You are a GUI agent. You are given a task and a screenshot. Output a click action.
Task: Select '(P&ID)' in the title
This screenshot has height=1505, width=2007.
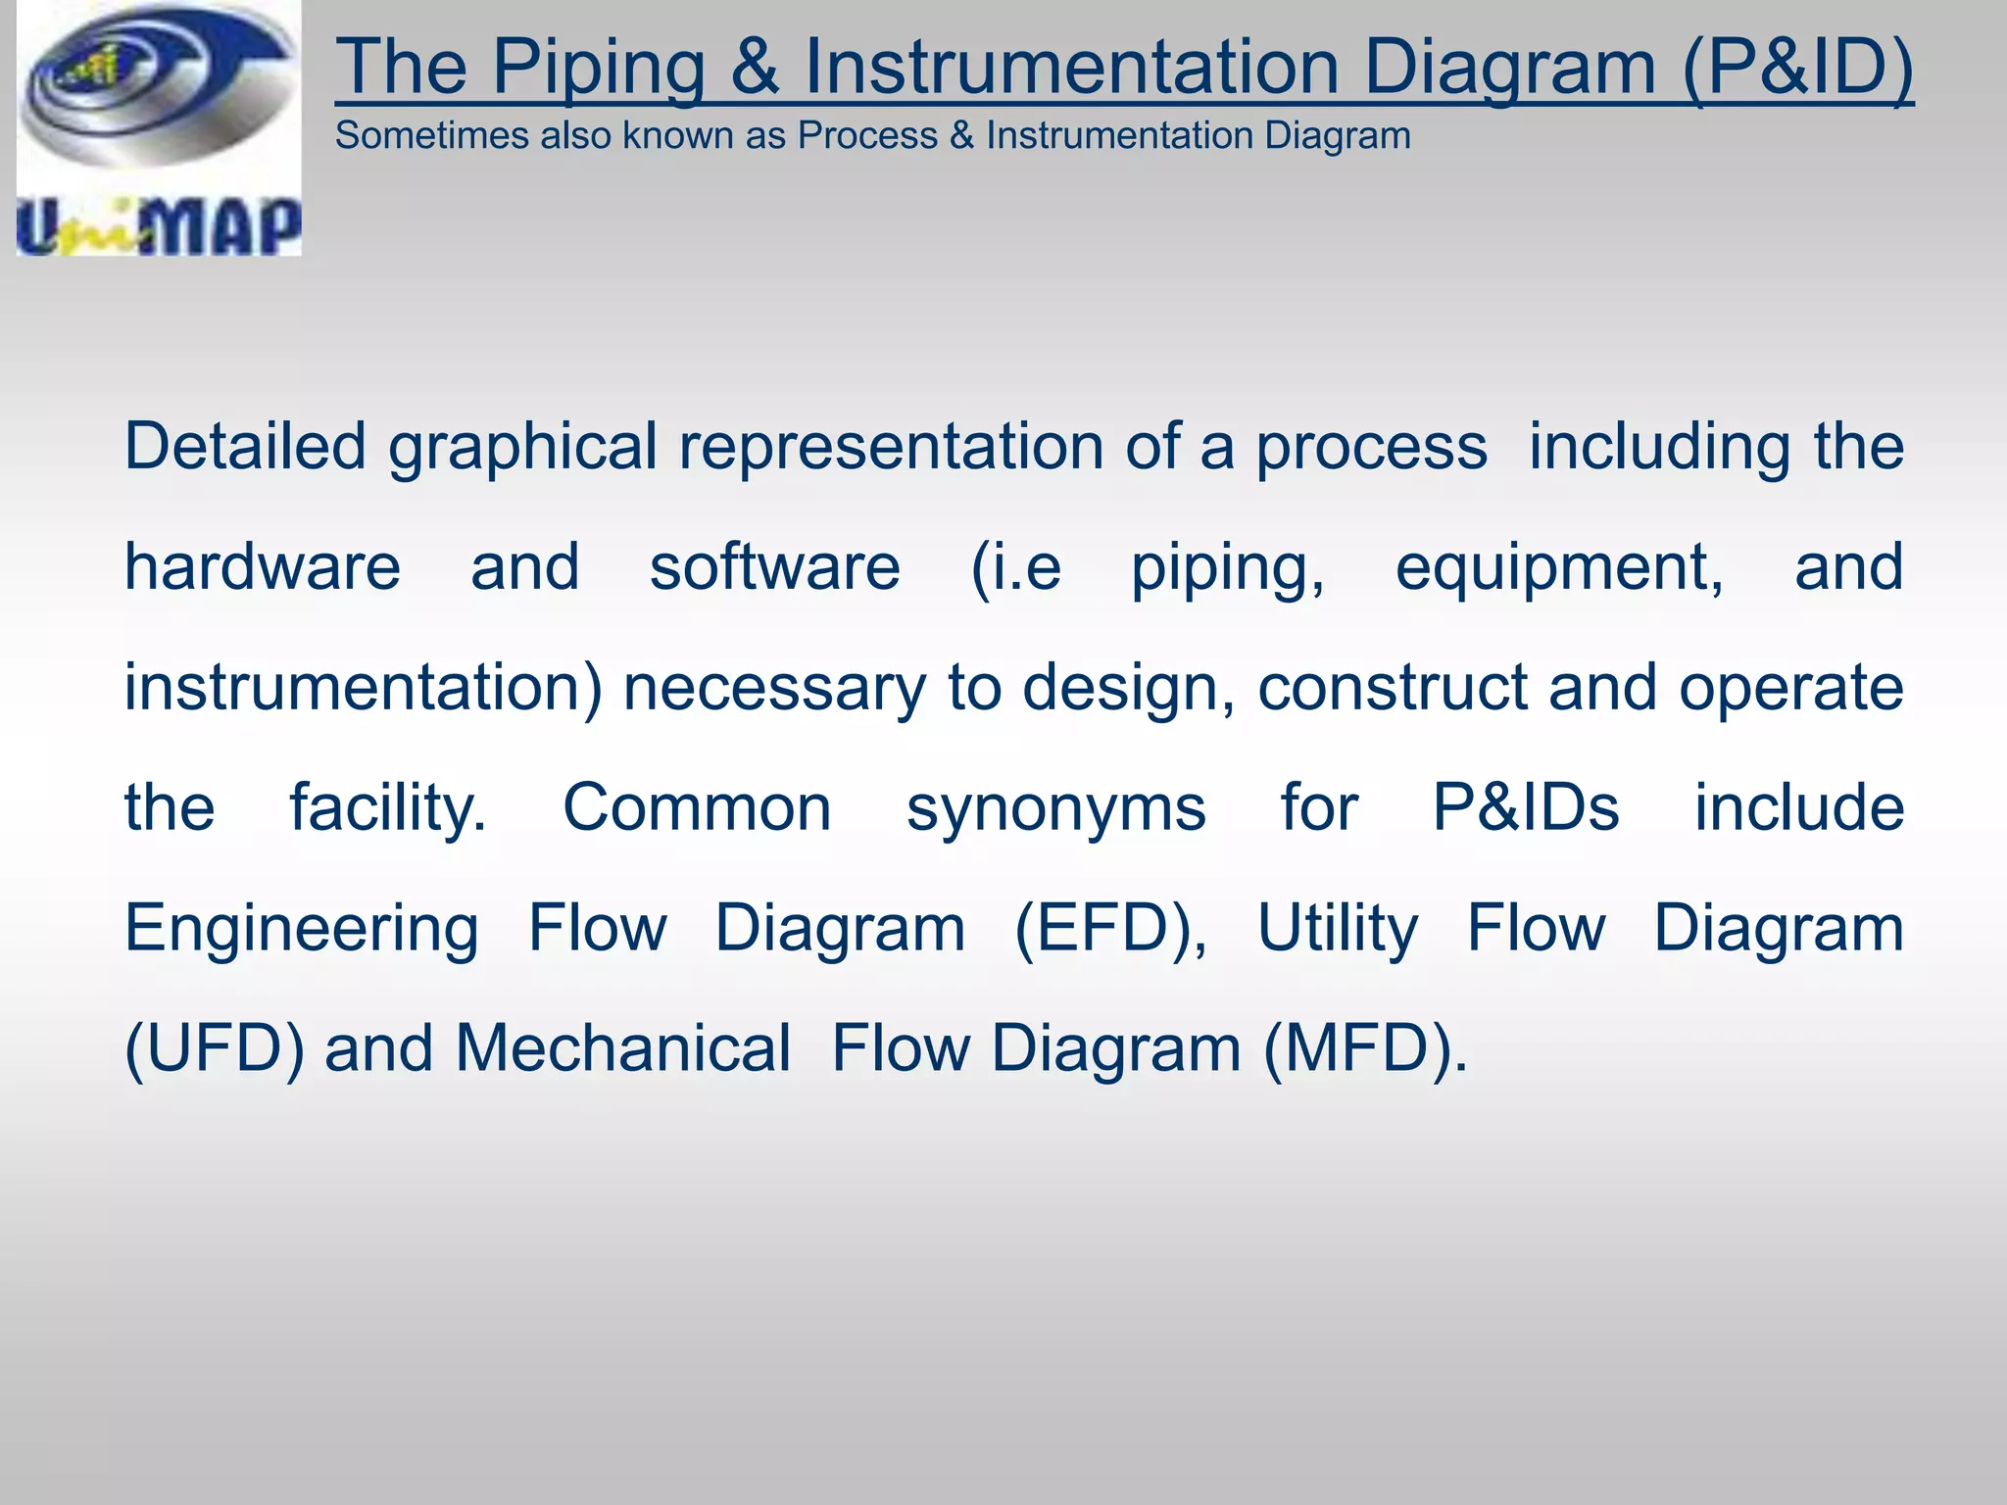[1797, 67]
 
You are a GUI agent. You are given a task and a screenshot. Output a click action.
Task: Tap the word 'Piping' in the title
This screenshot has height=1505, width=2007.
[598, 67]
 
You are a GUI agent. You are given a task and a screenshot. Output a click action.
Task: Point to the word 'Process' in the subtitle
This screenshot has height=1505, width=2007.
[866, 135]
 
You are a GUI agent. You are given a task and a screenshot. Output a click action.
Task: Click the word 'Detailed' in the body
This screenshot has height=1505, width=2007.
[245, 447]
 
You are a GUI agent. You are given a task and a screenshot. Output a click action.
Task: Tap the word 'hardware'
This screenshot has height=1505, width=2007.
[263, 567]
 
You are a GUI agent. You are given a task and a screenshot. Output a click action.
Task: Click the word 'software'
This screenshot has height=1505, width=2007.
[774, 567]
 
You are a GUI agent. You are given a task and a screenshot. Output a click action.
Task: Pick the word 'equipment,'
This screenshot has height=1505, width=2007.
[1559, 569]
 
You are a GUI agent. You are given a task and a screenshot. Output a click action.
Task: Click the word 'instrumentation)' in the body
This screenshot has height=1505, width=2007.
[364, 688]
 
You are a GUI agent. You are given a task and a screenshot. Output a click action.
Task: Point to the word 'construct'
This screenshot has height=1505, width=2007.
[1392, 688]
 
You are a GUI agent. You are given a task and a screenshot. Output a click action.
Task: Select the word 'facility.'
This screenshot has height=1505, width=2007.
[388, 809]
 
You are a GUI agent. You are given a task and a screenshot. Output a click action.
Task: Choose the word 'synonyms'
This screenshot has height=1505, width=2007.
[1055, 810]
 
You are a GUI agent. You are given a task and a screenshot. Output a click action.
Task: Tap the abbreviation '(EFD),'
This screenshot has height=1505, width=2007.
[1110, 929]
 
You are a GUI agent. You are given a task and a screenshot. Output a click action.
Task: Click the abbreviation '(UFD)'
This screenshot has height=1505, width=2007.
[215, 1049]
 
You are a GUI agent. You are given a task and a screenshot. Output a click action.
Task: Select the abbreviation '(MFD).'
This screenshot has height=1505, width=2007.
[1365, 1049]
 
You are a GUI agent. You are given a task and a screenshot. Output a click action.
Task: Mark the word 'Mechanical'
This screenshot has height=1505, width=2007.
[622, 1048]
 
